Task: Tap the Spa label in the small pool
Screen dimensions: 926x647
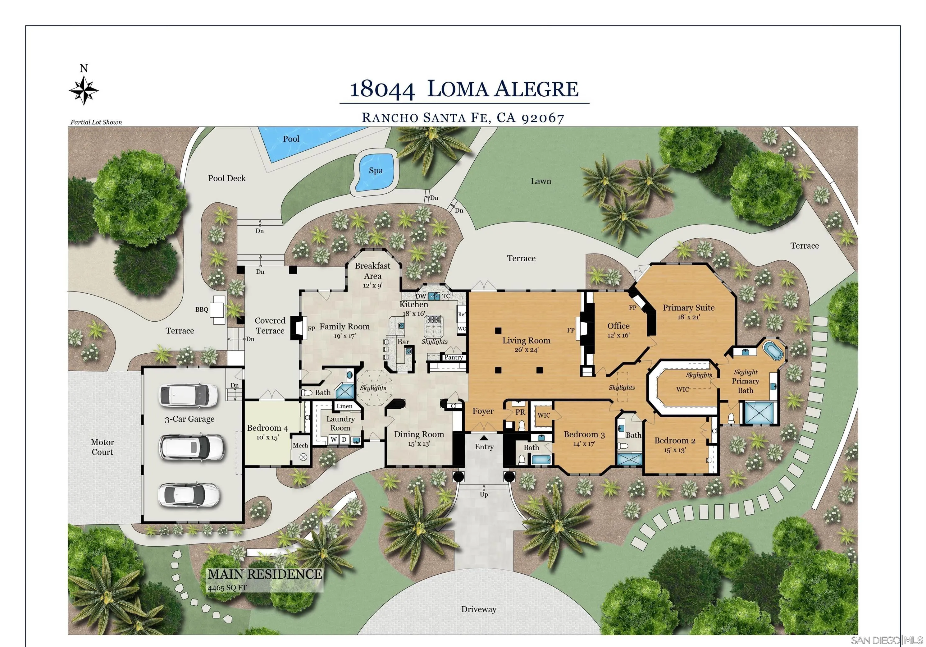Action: [x=376, y=171]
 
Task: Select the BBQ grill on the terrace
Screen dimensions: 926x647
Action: [x=219, y=310]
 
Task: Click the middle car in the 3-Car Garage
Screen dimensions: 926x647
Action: [x=192, y=447]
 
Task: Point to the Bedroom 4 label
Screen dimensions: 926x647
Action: [x=267, y=428]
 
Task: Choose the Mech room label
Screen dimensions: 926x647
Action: [x=300, y=445]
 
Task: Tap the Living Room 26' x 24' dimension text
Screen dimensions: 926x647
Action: [x=526, y=350]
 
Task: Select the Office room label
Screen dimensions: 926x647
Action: [x=618, y=326]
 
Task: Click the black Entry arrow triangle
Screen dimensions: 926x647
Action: [x=484, y=438]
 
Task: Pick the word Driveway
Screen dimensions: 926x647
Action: [x=479, y=609]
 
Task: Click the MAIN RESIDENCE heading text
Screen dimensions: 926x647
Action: [x=265, y=574]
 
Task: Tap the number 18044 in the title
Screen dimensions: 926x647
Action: [x=382, y=89]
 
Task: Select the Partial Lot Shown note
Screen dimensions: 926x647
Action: [x=96, y=122]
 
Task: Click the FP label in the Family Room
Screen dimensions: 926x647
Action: [x=311, y=329]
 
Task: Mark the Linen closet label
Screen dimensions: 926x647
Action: [x=344, y=406]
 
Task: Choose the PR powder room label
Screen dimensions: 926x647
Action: [x=520, y=412]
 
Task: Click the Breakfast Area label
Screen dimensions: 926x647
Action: [x=373, y=271]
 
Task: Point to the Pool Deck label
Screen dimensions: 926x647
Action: [x=227, y=178]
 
